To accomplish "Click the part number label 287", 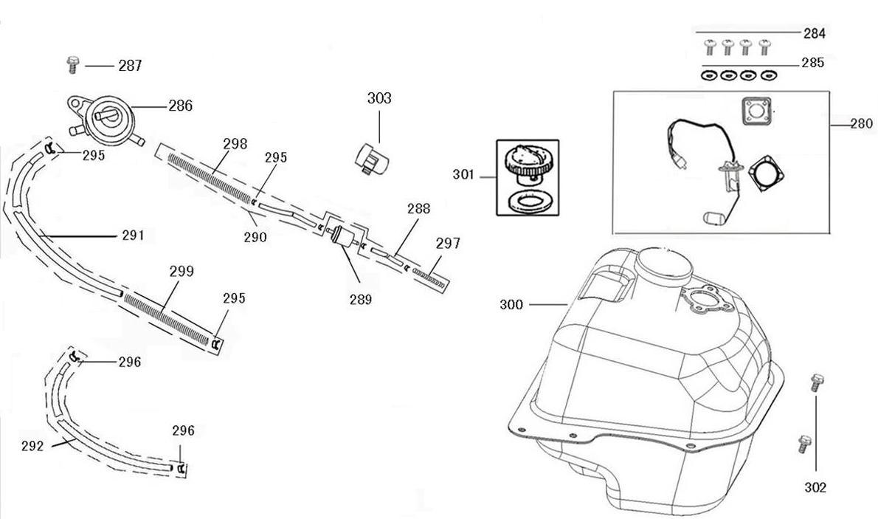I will (130, 66).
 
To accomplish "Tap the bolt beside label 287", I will (72, 64).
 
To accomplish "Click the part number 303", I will (379, 98).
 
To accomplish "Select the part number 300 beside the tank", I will (511, 304).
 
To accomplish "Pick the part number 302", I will (815, 487).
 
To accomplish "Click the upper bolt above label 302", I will (816, 382).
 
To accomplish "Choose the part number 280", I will (861, 123).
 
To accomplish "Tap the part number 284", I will (815, 33).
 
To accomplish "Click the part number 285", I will (813, 63).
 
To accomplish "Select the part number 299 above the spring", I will (182, 271).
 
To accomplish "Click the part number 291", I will (133, 236).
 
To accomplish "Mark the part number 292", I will (32, 446).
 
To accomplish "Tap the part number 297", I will (448, 243).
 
